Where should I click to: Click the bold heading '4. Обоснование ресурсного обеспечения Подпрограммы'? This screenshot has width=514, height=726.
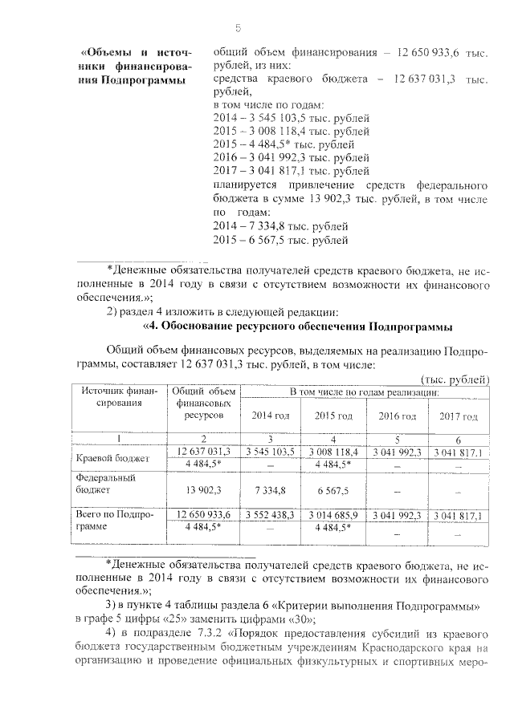click(298, 326)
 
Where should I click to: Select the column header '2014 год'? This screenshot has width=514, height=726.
click(271, 416)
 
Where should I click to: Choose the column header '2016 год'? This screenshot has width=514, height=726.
click(397, 416)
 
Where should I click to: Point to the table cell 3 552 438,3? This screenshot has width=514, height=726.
click(271, 514)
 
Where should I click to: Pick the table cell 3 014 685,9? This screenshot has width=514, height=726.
click(332, 514)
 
